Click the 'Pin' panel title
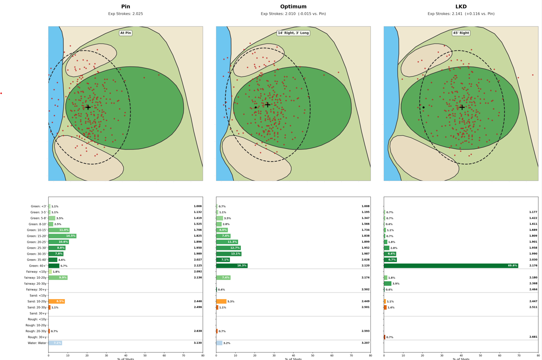coord(126,7)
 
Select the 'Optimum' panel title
coord(293,7)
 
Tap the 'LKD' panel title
coord(461,7)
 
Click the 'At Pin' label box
coord(126,33)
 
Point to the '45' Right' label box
coord(461,33)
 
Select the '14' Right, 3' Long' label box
coord(293,33)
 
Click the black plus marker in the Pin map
coord(88,107)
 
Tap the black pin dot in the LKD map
coord(423,107)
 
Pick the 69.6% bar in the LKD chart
coord(451,266)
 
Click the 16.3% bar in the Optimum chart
coord(231,266)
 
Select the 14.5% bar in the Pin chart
coord(62,236)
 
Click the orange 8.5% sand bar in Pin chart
coord(57,301)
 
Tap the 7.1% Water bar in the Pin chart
coord(55,343)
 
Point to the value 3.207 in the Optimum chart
coord(366,343)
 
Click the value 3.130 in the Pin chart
coord(198,343)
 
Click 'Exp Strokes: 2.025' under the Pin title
coord(126,14)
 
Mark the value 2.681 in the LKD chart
coord(533,337)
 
